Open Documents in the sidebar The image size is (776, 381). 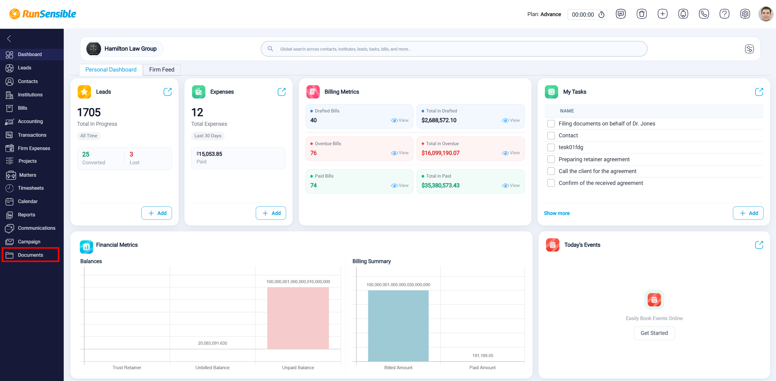coord(30,255)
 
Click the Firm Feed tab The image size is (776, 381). coord(162,69)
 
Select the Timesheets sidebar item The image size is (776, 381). coord(31,188)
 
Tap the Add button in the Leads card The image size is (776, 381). coord(157,213)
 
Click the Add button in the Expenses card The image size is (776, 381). coord(271,213)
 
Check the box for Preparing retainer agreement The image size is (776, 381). coord(551,159)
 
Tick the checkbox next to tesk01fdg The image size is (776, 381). coord(551,147)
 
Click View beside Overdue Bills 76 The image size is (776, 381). coord(400,153)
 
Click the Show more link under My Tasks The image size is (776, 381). coord(557,213)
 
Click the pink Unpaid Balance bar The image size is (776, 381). coord(298,318)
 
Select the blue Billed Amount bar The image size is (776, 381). coord(398,326)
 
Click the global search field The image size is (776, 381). coord(454,49)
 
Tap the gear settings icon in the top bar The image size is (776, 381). coord(745,14)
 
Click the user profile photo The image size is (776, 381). coord(766,14)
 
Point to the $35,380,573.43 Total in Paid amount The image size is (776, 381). coord(440,185)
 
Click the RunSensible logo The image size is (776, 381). coord(43,14)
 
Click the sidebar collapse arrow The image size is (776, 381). coord(9,38)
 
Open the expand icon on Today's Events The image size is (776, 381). coord(759,245)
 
